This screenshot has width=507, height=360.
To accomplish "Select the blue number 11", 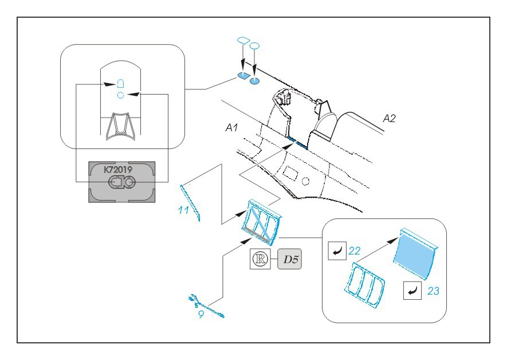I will tap(183, 210).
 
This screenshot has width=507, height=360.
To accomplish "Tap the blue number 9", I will tap(201, 315).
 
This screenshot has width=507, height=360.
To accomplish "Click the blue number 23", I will tap(433, 291).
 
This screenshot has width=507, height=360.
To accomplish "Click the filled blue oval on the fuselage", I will tap(254, 80).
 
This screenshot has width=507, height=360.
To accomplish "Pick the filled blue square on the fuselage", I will tap(243, 76).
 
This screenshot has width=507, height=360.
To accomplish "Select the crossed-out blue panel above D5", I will tap(261, 221).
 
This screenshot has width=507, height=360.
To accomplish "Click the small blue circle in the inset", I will tap(121, 95).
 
